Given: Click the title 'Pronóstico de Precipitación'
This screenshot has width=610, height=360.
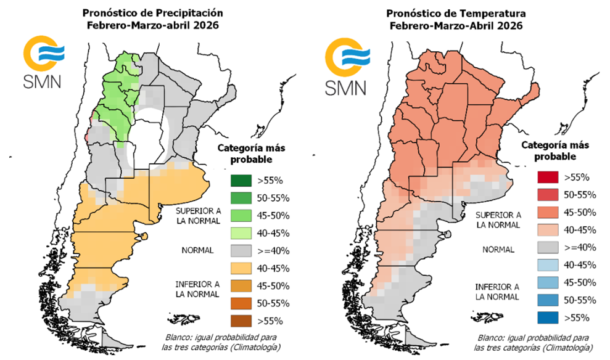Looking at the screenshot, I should pos(153,13).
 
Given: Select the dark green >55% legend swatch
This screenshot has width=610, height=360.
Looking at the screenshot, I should pos(236,181).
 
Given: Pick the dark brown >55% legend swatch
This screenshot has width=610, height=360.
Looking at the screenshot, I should pos(236,321).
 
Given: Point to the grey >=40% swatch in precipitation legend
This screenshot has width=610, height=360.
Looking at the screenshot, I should pos(236,251).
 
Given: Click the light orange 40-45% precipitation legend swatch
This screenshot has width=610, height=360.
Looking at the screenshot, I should pos(236,268).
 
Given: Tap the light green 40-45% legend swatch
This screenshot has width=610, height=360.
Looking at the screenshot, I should pos(236,233).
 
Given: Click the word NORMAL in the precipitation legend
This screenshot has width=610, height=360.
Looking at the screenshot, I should pos(197,250).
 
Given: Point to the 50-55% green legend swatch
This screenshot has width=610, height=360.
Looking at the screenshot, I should pos(236,198).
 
